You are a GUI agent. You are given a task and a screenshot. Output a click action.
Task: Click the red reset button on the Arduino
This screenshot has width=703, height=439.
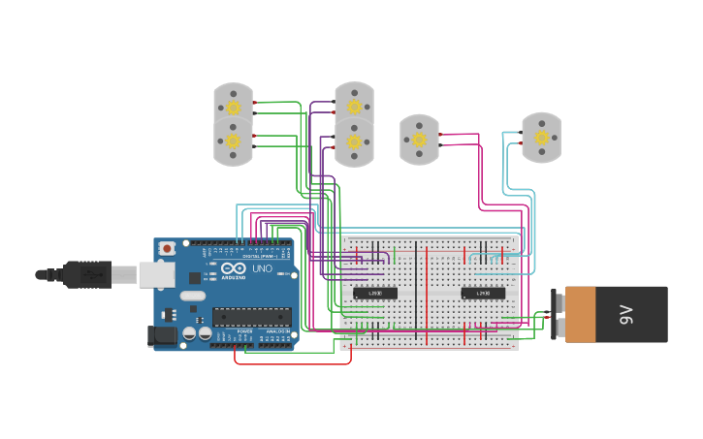167,249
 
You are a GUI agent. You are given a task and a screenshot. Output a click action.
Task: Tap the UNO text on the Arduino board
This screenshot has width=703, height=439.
262,268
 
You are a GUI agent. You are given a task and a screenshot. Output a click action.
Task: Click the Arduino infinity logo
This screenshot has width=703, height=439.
234,268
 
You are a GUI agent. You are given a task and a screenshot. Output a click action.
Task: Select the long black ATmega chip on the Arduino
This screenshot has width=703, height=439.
252,316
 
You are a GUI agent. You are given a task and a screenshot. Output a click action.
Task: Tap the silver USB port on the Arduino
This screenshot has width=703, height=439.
156,275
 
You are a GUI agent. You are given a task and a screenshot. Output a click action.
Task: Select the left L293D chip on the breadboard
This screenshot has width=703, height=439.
374,293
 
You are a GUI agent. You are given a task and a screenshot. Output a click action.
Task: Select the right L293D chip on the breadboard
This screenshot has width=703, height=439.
482,293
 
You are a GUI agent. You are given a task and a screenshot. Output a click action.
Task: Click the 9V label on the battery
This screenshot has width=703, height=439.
626,314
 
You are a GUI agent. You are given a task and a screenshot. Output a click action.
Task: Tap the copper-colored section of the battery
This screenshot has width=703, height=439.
580,314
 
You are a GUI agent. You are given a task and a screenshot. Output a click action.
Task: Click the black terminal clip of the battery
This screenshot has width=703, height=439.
557,314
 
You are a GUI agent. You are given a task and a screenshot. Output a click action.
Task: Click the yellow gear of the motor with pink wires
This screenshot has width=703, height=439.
419,140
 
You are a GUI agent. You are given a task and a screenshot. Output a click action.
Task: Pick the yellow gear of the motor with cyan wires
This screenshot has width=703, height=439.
541,138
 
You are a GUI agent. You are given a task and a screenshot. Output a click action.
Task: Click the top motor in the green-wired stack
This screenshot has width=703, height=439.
234,106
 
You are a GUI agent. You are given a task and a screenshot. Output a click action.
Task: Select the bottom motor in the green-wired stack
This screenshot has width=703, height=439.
234,142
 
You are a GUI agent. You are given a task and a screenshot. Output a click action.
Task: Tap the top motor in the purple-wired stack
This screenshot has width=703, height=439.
354,106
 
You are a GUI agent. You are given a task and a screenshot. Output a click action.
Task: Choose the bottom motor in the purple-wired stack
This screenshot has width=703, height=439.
354,142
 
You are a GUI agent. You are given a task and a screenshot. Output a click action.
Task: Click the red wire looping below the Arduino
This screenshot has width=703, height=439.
291,363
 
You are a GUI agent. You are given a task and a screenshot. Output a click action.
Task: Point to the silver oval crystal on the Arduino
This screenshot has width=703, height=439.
192,295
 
